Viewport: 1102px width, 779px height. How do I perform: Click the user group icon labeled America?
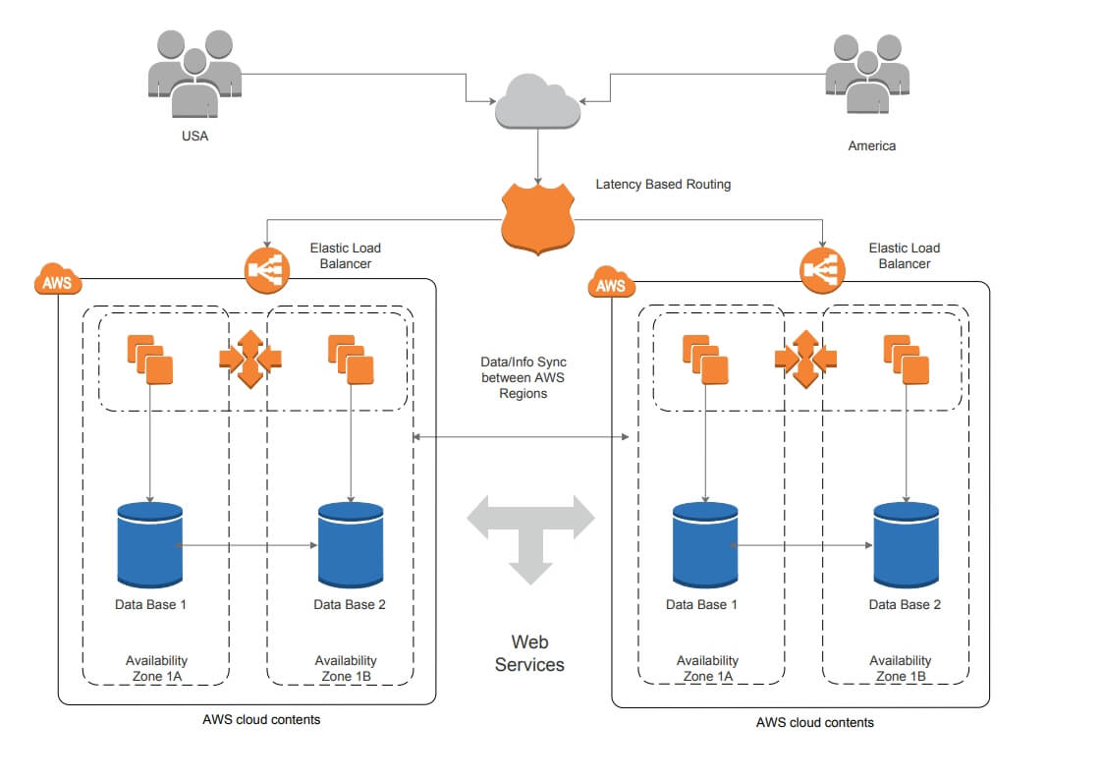pyautogui.click(x=866, y=74)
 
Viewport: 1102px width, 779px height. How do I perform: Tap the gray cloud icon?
pyautogui.click(x=536, y=101)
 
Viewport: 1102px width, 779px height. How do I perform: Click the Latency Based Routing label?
pyautogui.click(x=663, y=184)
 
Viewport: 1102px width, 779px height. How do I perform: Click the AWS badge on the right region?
pyautogui.click(x=610, y=286)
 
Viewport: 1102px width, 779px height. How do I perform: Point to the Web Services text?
pyautogui.click(x=529, y=653)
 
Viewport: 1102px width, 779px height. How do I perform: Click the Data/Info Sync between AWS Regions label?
pyautogui.click(x=523, y=378)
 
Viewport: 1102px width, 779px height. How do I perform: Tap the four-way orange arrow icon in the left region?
pyautogui.click(x=249, y=359)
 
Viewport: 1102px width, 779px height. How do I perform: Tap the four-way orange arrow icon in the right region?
pyautogui.click(x=805, y=359)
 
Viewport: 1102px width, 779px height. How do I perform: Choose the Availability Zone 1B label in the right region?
pyautogui.click(x=900, y=668)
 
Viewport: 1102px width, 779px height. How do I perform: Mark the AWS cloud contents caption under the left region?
pyautogui.click(x=261, y=720)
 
